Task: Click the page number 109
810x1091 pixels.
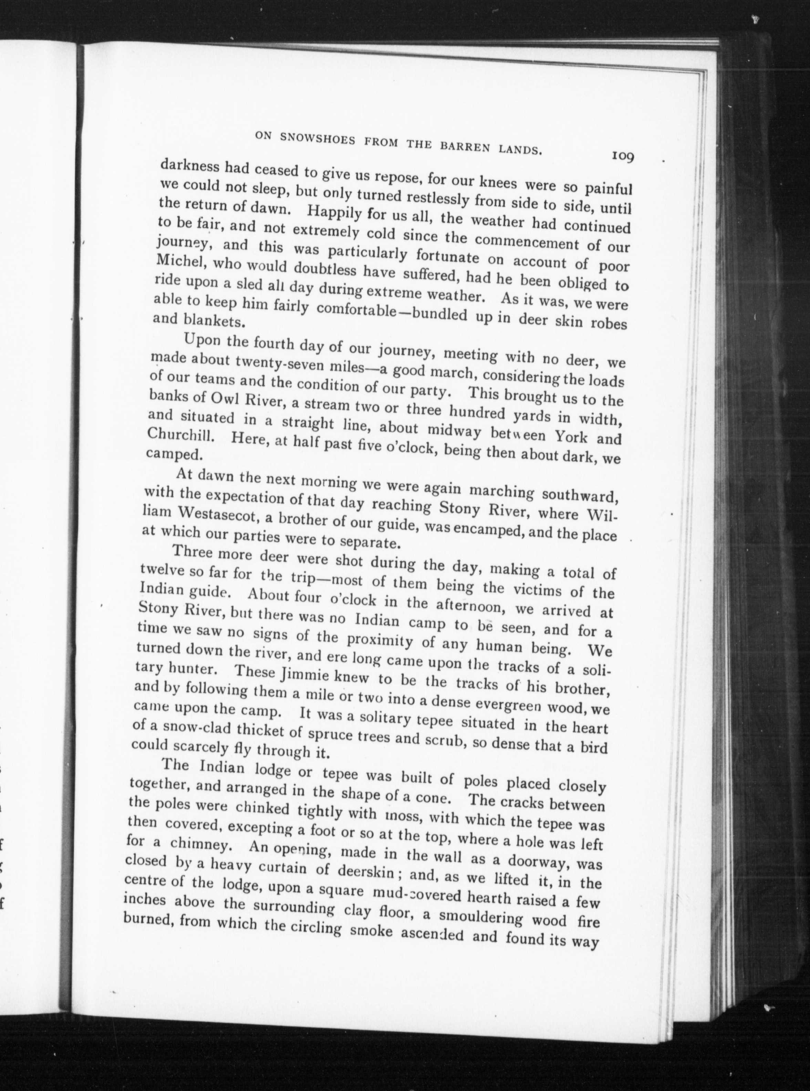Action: click(x=623, y=156)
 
